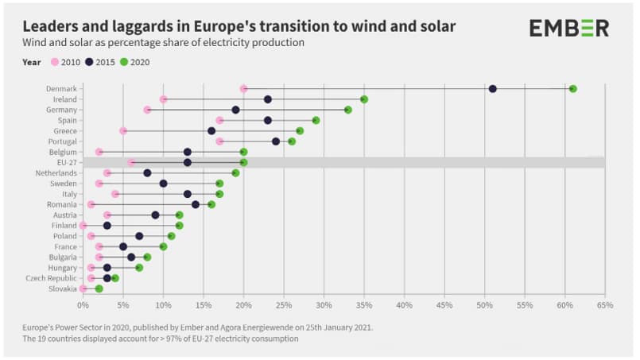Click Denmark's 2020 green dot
(572, 88)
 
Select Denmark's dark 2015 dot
(492, 88)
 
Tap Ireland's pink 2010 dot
(163, 99)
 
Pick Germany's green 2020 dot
(347, 110)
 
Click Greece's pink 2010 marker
(123, 130)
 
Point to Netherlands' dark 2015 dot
(147, 172)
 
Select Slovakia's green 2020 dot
(99, 288)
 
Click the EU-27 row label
(64, 162)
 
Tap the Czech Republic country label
(51, 278)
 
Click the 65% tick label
(605, 304)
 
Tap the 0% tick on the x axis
(83, 304)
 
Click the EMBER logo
(568, 28)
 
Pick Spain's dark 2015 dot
(267, 120)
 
